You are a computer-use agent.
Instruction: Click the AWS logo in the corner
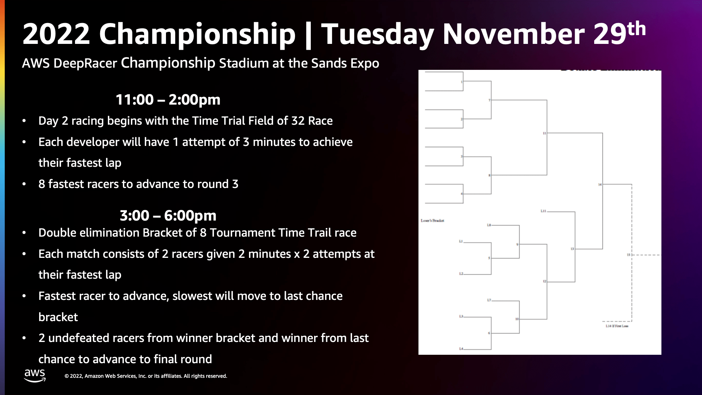[35, 375]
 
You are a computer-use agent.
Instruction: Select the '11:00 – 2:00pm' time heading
[168, 99]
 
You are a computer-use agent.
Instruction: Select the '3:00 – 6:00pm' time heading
[168, 215]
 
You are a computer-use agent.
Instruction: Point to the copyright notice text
[146, 376]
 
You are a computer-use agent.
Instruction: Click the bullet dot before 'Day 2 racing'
[24, 121]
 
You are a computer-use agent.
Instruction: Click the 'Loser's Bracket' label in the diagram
[432, 221]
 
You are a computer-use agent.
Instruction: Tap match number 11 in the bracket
[544, 133]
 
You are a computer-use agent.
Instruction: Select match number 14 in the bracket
[600, 184]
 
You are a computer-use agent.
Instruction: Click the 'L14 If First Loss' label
[617, 326]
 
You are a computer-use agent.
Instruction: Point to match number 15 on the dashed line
[629, 255]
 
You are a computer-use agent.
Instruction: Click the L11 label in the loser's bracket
[543, 211]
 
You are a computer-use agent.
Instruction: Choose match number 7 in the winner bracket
[489, 100]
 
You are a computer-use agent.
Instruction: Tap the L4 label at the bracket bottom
[461, 349]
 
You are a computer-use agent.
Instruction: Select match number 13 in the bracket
[572, 249]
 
